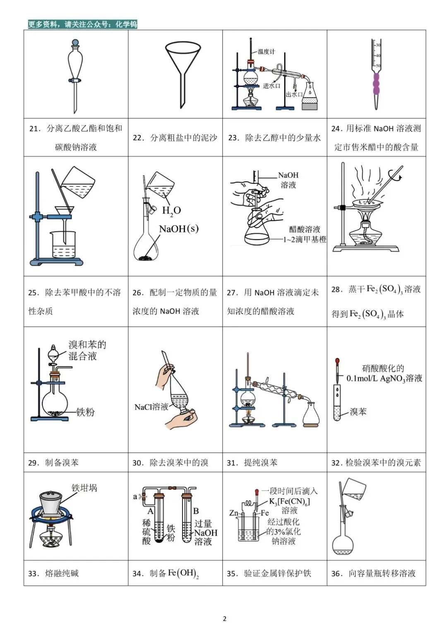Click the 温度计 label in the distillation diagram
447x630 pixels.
coord(266,51)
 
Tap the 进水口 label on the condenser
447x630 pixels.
coord(272,86)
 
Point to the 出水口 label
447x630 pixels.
coord(294,94)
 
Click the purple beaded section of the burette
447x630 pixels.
coord(376,84)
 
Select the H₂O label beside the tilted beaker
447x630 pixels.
coord(171,211)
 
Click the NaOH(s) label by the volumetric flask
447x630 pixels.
coord(179,228)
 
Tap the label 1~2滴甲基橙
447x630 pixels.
coord(305,240)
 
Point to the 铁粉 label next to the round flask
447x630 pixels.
coord(85,412)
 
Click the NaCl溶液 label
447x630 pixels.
coord(151,407)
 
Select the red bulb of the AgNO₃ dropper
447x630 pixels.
coord(337,360)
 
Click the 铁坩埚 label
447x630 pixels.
coord(84,488)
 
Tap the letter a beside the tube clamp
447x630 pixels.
coord(135,497)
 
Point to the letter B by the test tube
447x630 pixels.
coord(196,511)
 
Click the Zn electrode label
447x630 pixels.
coord(234,513)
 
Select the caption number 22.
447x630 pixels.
coord(138,138)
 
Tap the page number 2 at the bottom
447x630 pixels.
coord(224,619)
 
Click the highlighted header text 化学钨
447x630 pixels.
coord(126,24)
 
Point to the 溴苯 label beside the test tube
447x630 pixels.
coord(358,412)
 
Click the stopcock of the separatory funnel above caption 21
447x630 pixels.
coord(75,81)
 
